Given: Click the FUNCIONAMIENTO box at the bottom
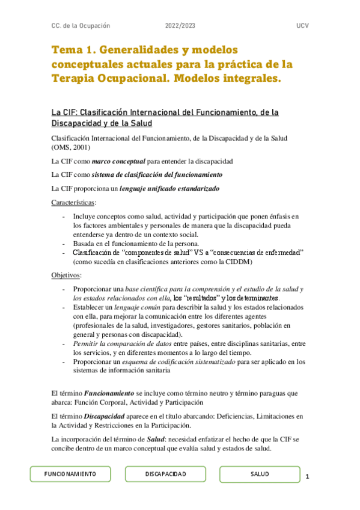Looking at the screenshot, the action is (x=70, y=474).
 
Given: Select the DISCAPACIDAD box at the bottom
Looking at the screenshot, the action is (x=165, y=474).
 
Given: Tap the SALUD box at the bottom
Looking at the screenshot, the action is (x=260, y=474).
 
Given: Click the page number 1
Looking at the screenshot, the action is (x=307, y=477).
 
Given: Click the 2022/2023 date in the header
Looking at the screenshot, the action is (x=180, y=26).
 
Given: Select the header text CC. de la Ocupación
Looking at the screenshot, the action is (x=81, y=26).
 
